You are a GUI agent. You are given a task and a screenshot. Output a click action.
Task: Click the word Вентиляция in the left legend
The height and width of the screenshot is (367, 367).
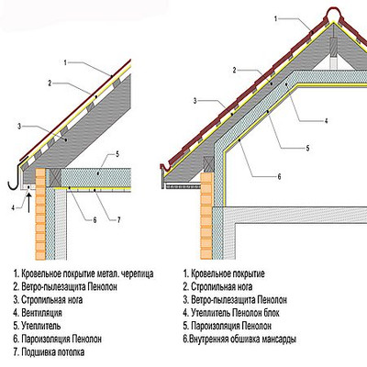[x=41, y=313]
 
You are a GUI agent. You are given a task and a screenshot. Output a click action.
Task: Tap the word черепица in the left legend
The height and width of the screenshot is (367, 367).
[x=137, y=273]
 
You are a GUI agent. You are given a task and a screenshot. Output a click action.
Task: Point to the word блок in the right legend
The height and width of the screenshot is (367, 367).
[x=271, y=313]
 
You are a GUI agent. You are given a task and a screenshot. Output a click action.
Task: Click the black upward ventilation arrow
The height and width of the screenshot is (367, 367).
[x=28, y=201]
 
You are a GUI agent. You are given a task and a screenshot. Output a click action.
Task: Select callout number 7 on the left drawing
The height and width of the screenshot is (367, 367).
[x=119, y=219]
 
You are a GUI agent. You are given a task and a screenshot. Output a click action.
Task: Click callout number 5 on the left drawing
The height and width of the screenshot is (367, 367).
[x=117, y=154]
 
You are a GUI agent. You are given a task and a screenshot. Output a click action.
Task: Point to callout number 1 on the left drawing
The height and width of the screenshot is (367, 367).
[x=65, y=62]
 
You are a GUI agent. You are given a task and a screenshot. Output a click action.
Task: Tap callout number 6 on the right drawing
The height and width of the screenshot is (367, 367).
[x=279, y=176]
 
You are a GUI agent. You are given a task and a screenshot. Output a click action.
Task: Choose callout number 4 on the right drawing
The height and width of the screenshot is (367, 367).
[x=326, y=121]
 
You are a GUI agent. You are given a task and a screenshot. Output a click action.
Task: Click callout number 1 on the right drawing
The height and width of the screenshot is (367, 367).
[x=275, y=19]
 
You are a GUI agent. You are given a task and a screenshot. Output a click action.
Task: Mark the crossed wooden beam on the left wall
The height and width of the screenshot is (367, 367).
[x=56, y=177]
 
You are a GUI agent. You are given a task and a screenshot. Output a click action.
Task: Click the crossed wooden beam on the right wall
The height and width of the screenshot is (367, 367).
[x=208, y=163]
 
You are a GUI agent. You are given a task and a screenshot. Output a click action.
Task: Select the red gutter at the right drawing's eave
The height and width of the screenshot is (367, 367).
[x=166, y=168]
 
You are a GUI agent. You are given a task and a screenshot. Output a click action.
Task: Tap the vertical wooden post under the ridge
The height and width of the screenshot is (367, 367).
[x=333, y=52]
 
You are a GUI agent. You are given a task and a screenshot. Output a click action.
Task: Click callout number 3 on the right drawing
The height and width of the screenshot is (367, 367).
[x=195, y=101]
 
